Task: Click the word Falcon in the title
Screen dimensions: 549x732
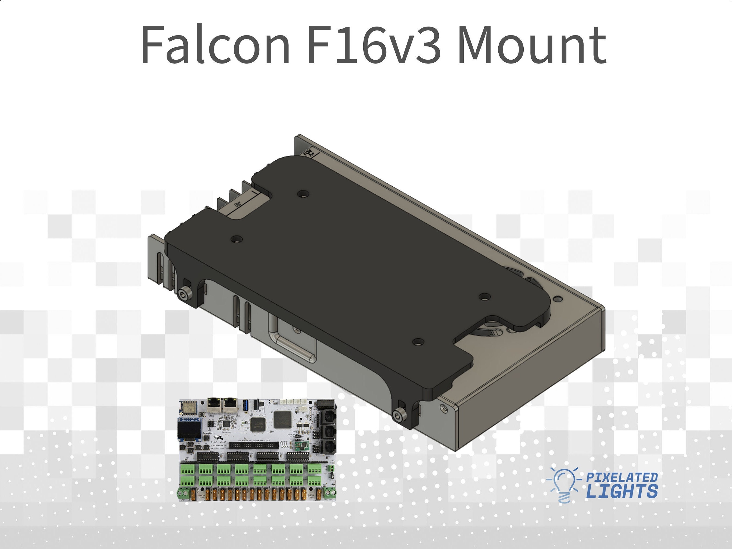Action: tap(215, 45)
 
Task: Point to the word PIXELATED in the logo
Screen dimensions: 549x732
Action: tap(622, 477)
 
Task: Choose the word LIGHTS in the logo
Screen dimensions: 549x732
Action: tap(622, 491)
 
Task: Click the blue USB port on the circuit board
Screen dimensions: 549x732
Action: tap(245, 404)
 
